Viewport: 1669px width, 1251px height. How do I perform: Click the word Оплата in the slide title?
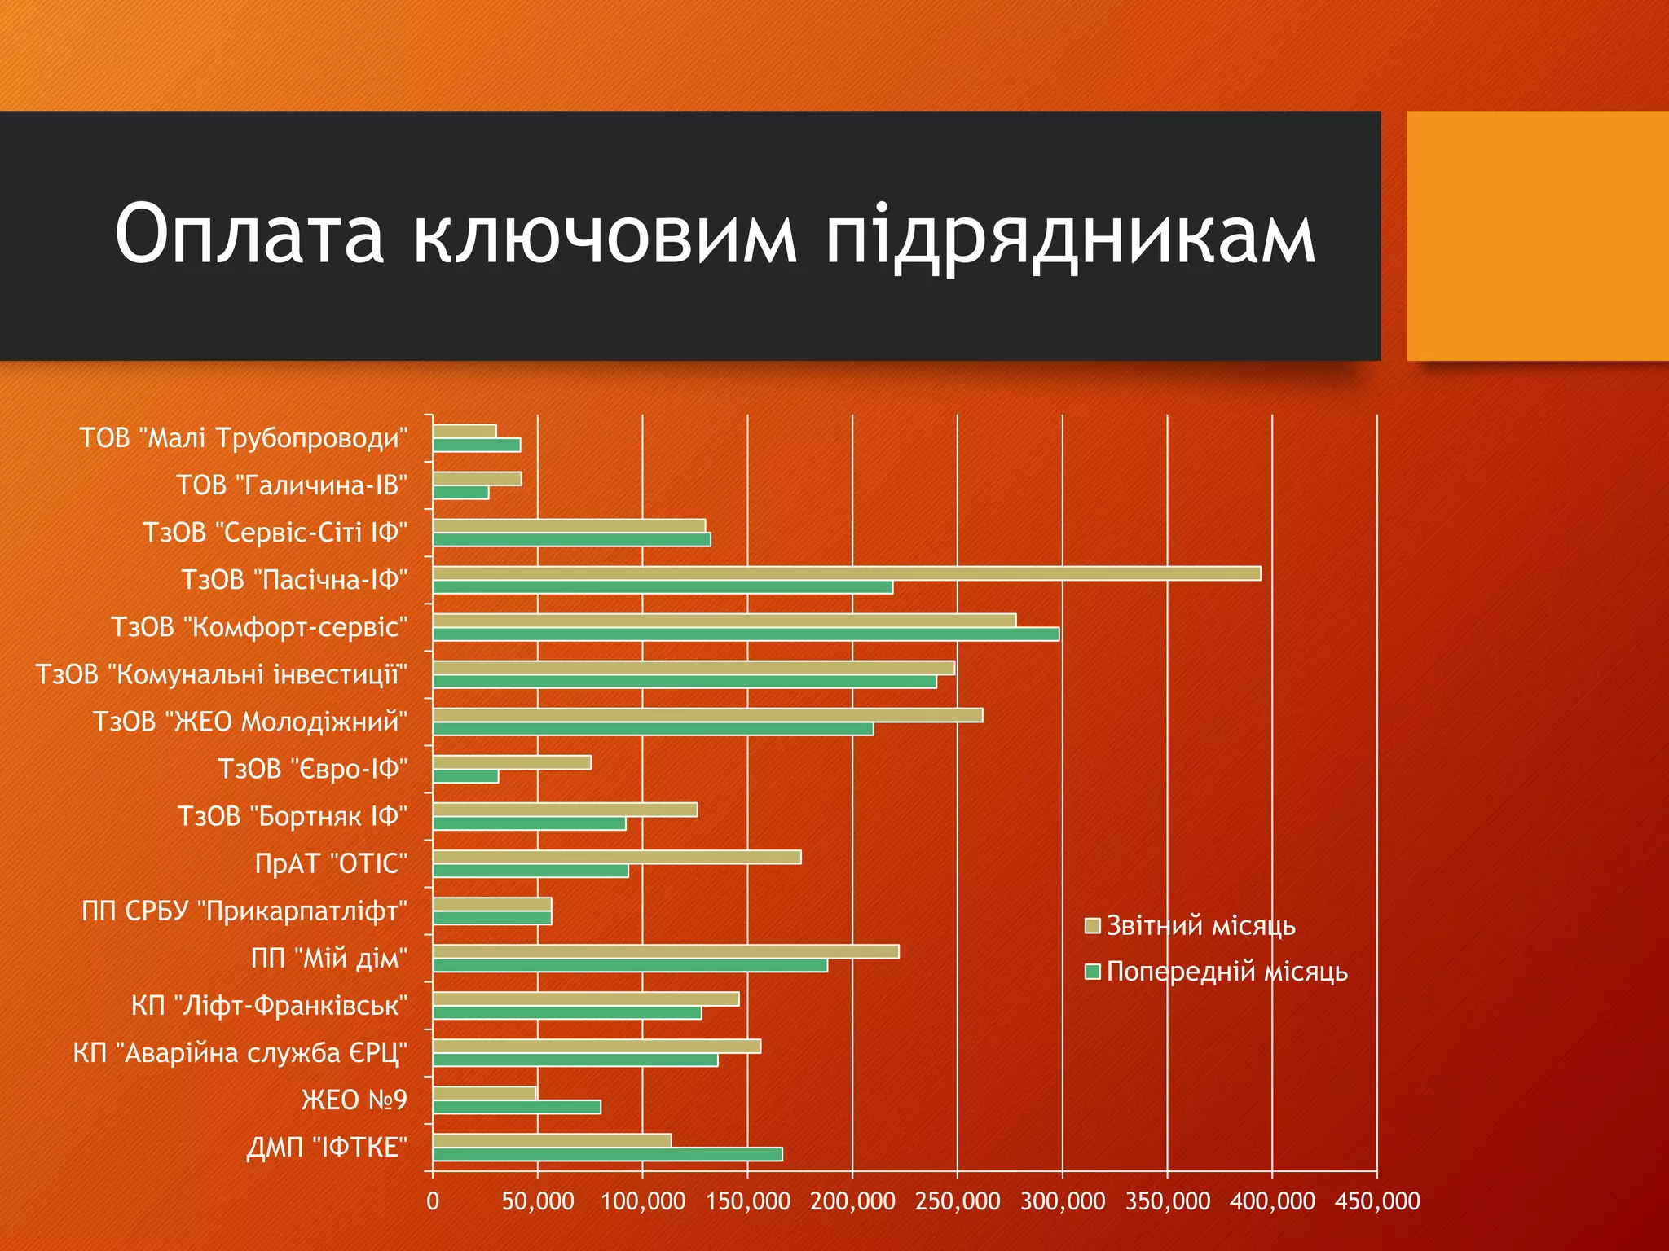coord(249,235)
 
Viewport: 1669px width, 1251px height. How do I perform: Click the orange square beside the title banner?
coord(1537,235)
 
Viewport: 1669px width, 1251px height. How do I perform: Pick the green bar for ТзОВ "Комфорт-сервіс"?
coord(746,634)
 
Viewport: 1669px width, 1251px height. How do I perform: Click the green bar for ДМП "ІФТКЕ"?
coord(607,1154)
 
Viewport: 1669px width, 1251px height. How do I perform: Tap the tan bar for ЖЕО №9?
coord(484,1093)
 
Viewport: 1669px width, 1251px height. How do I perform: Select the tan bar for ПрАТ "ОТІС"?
coord(616,857)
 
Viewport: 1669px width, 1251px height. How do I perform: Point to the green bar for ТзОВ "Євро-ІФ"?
coord(465,777)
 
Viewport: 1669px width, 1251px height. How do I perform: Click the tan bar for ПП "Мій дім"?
coord(665,951)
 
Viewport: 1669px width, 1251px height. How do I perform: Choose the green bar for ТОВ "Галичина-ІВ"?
coord(460,493)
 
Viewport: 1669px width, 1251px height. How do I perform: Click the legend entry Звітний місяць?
coord(1200,926)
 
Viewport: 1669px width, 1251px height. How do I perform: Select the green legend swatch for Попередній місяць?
coord(1093,972)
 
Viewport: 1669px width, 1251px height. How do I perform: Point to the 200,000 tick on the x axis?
coord(852,1201)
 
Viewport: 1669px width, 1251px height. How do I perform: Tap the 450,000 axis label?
coord(1377,1201)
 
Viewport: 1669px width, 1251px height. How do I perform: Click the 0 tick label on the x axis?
coord(433,1201)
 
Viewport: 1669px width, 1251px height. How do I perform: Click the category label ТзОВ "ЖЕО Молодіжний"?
coord(249,722)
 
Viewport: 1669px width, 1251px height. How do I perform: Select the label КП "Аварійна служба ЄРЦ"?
coord(240,1053)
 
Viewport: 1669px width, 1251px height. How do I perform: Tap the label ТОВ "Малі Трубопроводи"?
coord(243,438)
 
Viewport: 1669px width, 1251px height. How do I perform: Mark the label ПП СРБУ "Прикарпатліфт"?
coord(244,911)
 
